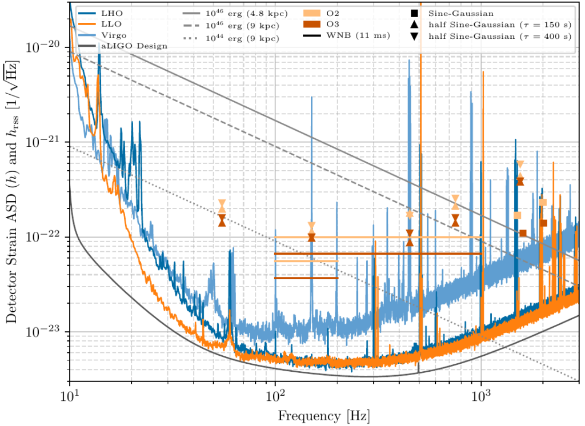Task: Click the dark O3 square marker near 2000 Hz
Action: click(543, 223)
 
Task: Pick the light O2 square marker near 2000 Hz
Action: click(543, 202)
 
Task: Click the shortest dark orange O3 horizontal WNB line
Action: click(306, 278)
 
